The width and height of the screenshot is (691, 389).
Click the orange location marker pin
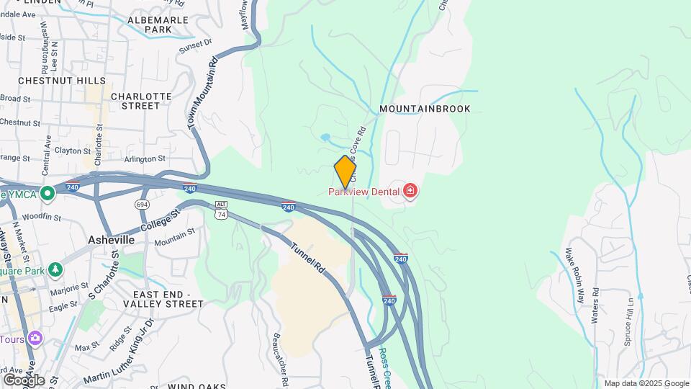point(345,171)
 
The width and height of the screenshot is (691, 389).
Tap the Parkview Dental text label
point(363,192)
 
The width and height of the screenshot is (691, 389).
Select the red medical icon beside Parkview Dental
point(410,191)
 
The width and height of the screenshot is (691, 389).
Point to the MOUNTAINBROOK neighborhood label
point(425,109)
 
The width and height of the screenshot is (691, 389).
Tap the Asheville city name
point(111,239)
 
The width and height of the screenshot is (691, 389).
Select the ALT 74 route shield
point(221,210)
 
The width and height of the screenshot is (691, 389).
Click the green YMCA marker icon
point(48,193)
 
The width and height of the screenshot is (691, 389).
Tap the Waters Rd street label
point(595,305)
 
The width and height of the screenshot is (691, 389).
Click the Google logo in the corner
point(24,380)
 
